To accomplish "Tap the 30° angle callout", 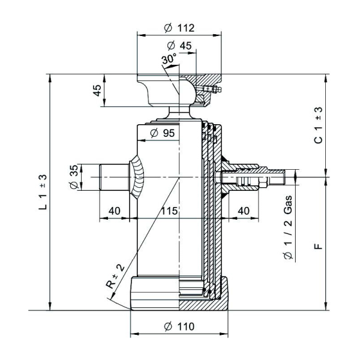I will point(169,59).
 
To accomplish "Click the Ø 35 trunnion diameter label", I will point(74,178).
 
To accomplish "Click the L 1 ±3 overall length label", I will point(43,191).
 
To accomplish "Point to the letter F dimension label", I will point(319,245).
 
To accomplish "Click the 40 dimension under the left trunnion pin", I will point(115,211).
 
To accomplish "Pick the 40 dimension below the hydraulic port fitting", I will point(244,211).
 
